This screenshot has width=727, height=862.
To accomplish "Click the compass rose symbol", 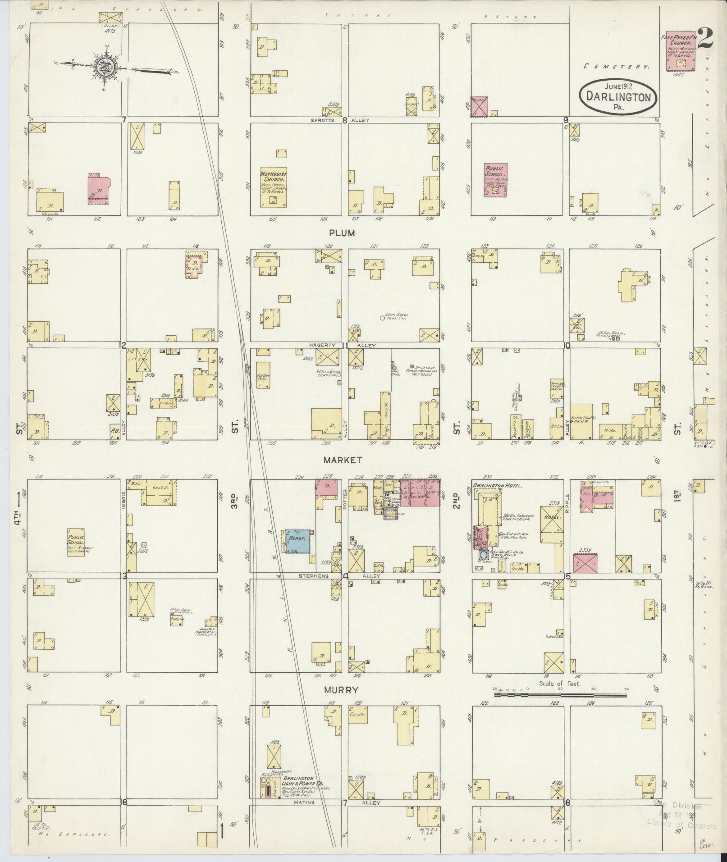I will tap(103, 68).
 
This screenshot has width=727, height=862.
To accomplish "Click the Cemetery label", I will tap(617, 66).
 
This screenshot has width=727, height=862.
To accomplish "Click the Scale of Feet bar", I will tap(560, 708).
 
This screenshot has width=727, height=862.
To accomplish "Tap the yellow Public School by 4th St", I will tap(76, 542).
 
